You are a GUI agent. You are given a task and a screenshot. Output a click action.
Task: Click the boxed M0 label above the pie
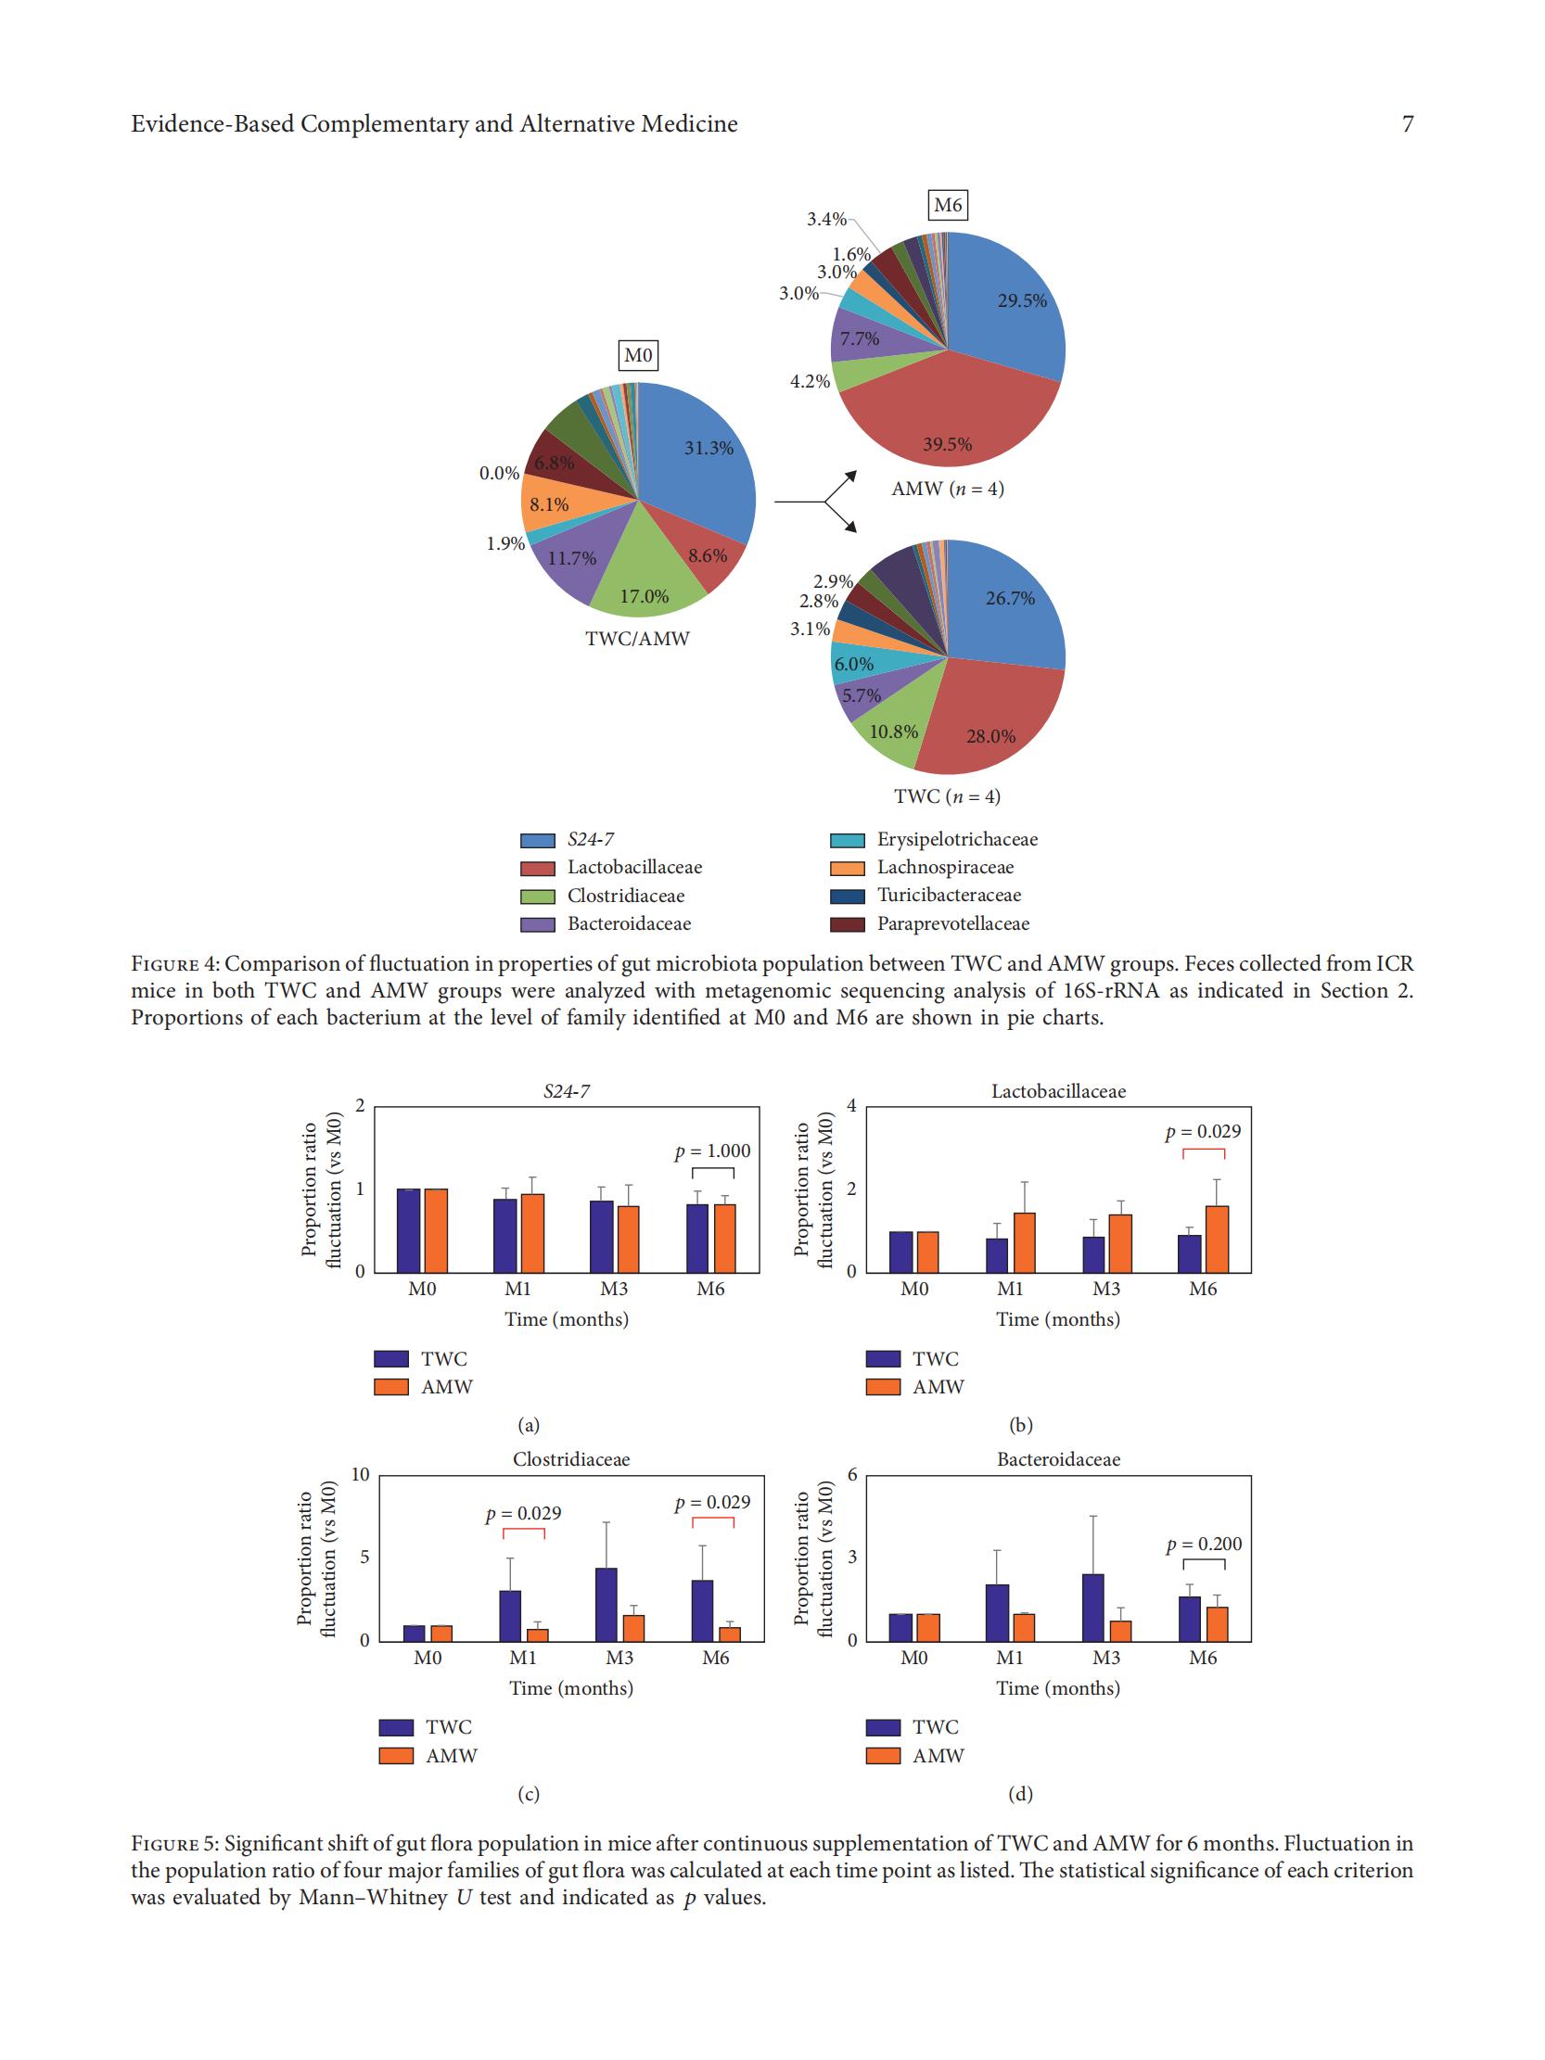pos(638,355)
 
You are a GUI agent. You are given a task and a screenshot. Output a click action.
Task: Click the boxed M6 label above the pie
pos(947,205)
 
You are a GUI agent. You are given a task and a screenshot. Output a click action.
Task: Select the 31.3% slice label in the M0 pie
pos(709,448)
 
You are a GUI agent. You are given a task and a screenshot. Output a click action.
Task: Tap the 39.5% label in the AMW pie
pos(947,444)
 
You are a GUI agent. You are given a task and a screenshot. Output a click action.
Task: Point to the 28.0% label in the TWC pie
pos(990,736)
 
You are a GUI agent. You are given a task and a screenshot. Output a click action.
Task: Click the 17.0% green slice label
pos(645,596)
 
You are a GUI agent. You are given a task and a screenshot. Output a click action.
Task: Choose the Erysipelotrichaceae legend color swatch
pos(848,840)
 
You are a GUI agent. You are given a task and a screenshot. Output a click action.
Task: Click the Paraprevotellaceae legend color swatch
pos(848,924)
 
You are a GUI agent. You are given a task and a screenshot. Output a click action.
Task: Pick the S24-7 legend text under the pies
pos(591,839)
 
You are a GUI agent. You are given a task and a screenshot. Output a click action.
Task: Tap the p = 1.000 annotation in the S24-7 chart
pos(712,1151)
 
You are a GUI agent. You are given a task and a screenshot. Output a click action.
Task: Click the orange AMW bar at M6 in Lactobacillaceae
pos(1217,1239)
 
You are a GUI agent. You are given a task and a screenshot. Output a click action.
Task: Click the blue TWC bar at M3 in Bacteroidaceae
pos(1093,1608)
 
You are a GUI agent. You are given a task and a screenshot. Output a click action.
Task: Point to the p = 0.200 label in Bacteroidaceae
pos(1204,1543)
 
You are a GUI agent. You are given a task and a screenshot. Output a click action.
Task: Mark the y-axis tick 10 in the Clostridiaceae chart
pos(361,1474)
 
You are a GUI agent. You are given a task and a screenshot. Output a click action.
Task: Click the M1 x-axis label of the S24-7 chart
pos(517,1289)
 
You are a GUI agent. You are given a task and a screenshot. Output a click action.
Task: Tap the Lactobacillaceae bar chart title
pos(1058,1090)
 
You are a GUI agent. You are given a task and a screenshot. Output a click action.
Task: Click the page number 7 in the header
pos(1407,124)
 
